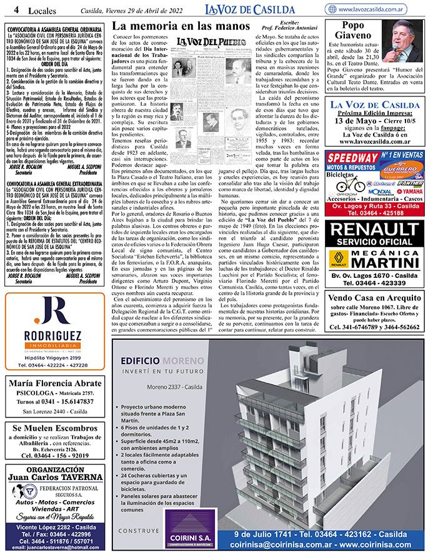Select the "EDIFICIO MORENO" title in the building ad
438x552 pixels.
tap(158, 361)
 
